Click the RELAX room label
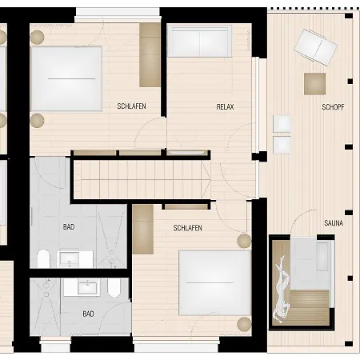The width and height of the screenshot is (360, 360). pyautogui.click(x=225, y=106)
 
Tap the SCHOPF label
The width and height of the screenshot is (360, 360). pyautogui.click(x=333, y=106)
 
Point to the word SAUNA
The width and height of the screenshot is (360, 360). pyautogui.click(x=334, y=223)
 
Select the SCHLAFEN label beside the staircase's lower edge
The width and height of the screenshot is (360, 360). pyautogui.click(x=187, y=228)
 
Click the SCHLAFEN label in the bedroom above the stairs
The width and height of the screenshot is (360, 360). pyautogui.click(x=131, y=106)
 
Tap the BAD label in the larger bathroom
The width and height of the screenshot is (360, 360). pyautogui.click(x=69, y=227)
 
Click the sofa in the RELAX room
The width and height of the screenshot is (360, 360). pyautogui.click(x=199, y=41)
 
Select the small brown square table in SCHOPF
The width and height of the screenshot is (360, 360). pyautogui.click(x=314, y=83)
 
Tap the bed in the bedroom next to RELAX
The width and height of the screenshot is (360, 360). pyautogui.click(x=66, y=78)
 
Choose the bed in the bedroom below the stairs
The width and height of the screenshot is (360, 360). pyautogui.click(x=214, y=283)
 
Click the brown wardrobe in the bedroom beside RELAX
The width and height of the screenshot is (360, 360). pyautogui.click(x=150, y=54)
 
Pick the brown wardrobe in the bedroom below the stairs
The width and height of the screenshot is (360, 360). pyautogui.click(x=142, y=229)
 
